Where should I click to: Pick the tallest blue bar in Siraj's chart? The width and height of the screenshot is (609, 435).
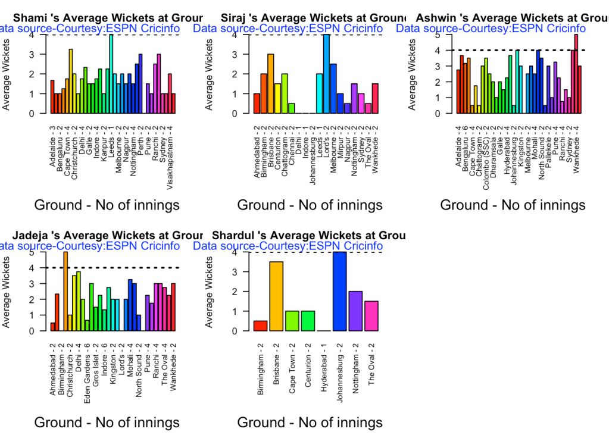[326, 74]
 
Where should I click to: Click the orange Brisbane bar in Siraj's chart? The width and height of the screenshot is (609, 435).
[270, 84]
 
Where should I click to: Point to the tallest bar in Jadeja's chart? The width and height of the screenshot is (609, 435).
[65, 292]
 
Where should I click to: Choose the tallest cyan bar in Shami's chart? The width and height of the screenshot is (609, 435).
[111, 74]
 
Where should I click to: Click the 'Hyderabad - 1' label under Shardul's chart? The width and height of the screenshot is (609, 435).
[324, 368]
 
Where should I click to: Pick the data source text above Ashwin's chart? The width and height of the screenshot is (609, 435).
[491, 28]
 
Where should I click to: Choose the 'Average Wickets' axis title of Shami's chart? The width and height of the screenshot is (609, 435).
[7, 74]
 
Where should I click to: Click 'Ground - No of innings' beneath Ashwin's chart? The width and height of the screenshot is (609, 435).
[513, 205]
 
